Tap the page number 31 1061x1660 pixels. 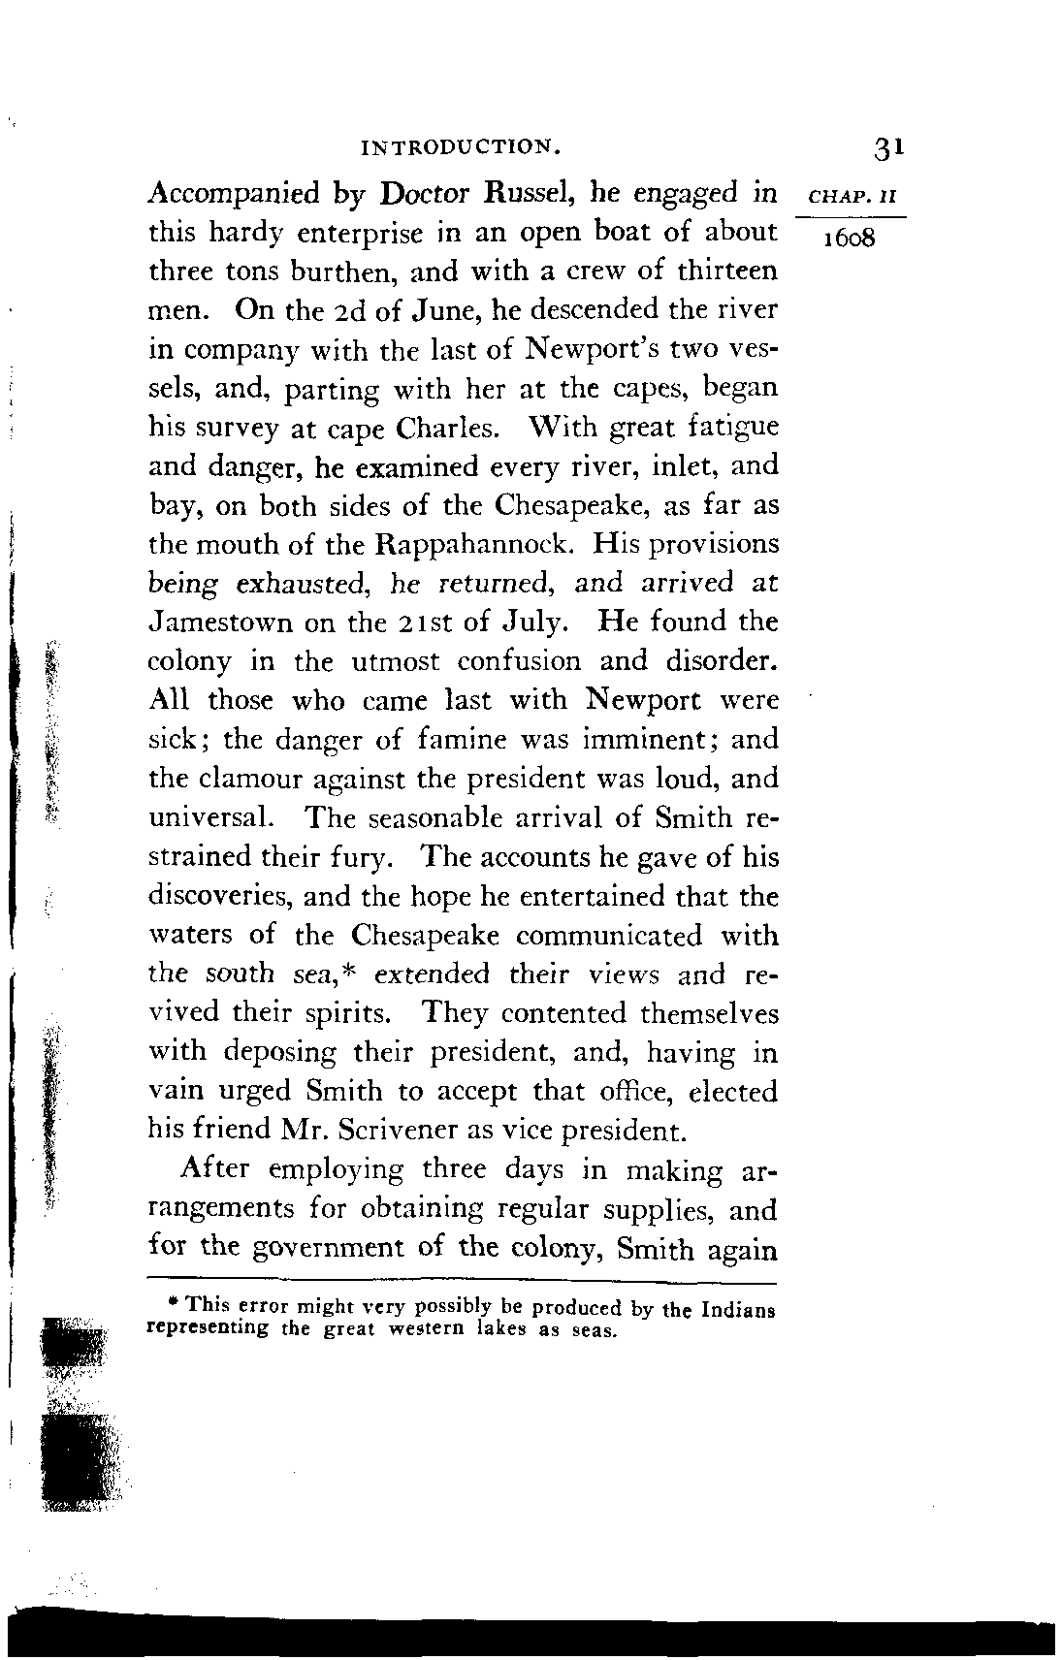tap(888, 148)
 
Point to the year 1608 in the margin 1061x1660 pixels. tap(848, 239)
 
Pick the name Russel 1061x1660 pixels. tap(528, 193)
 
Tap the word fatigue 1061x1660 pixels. tap(732, 428)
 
